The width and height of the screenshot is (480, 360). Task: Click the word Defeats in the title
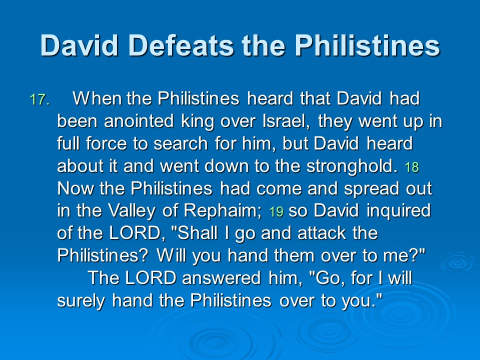tap(181, 45)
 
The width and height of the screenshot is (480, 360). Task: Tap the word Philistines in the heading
tap(367, 45)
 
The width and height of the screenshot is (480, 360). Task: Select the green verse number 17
tap(39, 100)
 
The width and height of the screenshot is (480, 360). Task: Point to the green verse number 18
tap(411, 167)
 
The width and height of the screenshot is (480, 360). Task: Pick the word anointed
tap(139, 121)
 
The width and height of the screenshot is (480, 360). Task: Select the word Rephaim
tap(222, 211)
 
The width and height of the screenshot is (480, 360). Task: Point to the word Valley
tap(131, 211)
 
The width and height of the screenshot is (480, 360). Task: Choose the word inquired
tap(398, 211)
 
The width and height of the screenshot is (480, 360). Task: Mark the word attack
tap(321, 233)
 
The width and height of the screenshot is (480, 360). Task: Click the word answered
tap(221, 278)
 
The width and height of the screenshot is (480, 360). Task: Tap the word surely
tap(81, 301)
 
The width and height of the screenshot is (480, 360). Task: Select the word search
tap(180, 143)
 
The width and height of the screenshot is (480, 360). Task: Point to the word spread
tap(371, 189)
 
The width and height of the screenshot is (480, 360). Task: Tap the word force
tap(106, 143)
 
